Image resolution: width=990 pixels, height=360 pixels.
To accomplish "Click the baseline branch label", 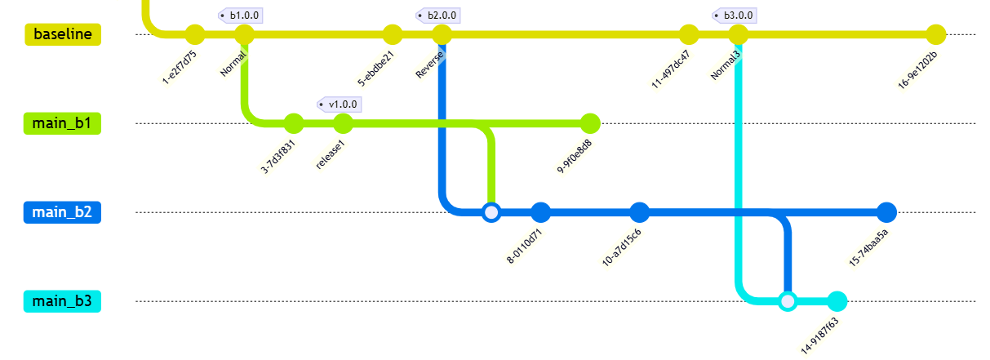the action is pos(63,34).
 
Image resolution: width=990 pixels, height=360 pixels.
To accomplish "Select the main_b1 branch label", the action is pos(62,123).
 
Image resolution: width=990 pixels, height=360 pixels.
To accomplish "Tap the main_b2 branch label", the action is pos(62,212).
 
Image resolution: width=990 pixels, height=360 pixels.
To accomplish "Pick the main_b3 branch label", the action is pos(62,301).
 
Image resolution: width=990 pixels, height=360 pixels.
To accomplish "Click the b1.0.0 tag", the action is pos(241,16).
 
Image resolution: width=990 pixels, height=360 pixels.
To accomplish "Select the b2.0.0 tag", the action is pos(438,16).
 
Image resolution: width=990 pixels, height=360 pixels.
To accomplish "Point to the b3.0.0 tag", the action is pos(734,16).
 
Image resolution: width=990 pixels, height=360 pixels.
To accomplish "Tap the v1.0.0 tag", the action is pos(339,104).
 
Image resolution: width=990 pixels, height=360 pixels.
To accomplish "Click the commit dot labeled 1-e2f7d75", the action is pos(195,34).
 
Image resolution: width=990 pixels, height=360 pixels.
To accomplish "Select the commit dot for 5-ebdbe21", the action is pos(393,34).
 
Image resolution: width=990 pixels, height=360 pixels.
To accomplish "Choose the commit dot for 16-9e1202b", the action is pos(935,34).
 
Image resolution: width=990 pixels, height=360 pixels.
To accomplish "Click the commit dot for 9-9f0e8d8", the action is pos(590,123).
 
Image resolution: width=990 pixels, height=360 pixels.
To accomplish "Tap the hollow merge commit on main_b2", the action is pos(491,212).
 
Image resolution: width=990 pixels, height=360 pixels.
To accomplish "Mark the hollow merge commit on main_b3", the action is pos(788,301).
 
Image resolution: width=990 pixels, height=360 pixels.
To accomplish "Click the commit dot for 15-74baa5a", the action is pos(886,212).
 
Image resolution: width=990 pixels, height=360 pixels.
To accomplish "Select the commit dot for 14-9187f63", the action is pos(837,301).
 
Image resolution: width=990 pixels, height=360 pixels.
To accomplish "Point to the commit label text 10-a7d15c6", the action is pos(622,247).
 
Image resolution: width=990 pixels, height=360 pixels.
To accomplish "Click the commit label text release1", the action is pos(331,154).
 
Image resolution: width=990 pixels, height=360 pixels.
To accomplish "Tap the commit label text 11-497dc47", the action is pos(671,70).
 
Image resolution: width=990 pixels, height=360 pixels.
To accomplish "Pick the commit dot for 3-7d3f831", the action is pos(294,123).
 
